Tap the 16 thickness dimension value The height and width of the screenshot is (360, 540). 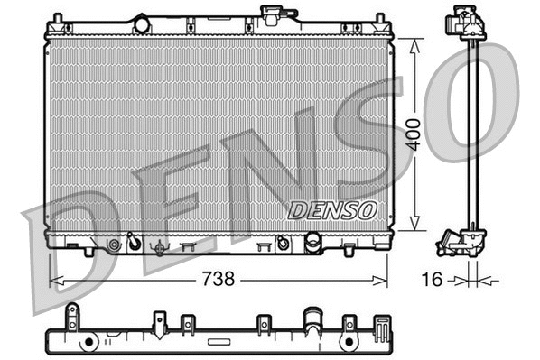tap(433, 280)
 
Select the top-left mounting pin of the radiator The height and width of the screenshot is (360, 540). tap(58, 18)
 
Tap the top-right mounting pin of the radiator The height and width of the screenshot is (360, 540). tap(381, 18)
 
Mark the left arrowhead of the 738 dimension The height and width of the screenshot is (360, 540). tap(53, 280)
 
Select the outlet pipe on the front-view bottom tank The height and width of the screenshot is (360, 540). tap(313, 242)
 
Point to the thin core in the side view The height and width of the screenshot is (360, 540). tap(470, 135)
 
